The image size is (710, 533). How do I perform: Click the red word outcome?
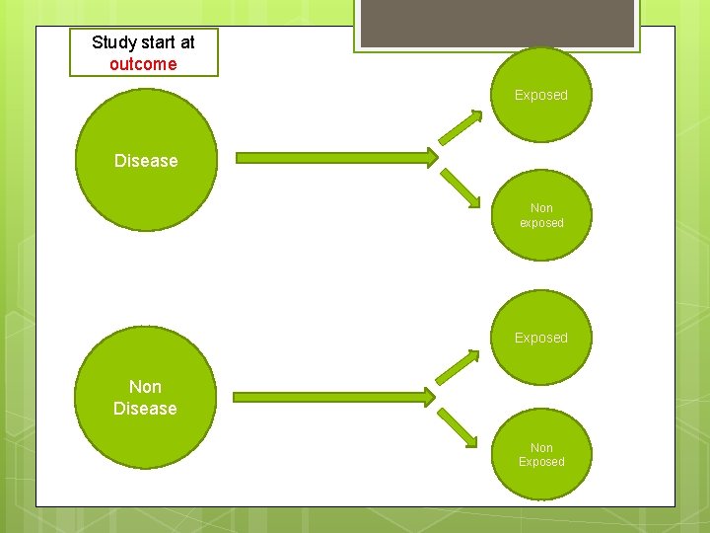143,64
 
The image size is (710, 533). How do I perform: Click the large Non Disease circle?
145,398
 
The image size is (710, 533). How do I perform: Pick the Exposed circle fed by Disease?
541,95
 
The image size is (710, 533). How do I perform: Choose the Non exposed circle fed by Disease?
541,214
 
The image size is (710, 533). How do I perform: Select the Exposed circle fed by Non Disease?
541,338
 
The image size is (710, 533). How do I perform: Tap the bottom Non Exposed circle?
541,454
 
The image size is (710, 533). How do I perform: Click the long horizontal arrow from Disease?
335,157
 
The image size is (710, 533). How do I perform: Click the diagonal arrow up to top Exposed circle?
460,127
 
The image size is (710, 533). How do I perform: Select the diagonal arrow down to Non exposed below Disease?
460,187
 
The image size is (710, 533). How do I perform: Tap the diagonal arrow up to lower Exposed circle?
458,366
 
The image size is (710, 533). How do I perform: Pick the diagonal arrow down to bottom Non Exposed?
458,427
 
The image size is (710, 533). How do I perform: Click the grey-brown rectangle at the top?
496,23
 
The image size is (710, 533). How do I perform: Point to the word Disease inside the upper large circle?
146,161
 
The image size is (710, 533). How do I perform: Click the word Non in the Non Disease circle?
145,387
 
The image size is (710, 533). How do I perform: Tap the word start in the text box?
157,42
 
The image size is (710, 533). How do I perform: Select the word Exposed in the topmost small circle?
541,95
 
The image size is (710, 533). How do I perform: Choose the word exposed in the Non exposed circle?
541,223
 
